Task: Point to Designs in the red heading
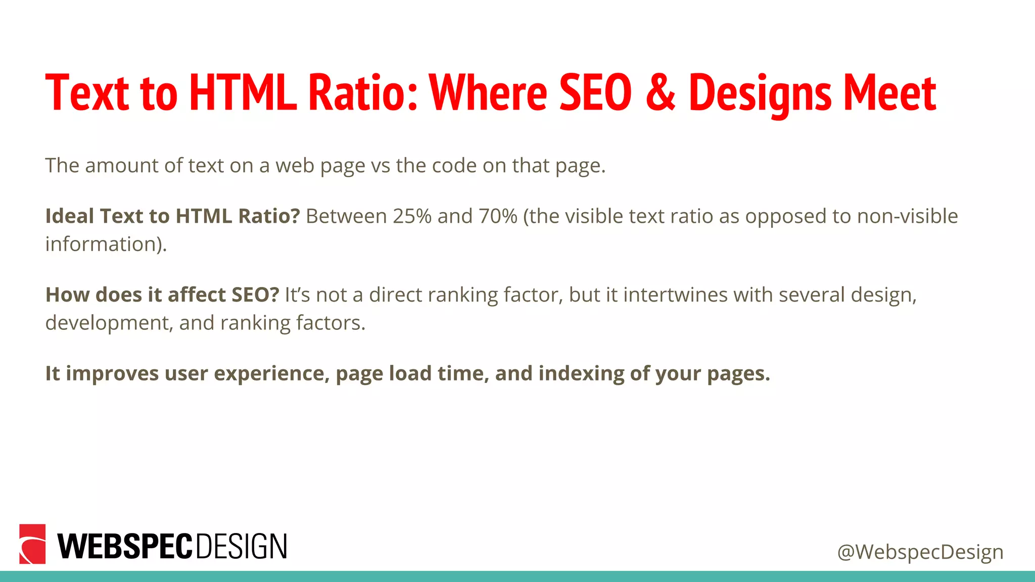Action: coord(760,93)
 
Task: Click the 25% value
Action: coord(412,216)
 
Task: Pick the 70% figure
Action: coord(498,216)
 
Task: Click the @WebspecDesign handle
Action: coord(920,552)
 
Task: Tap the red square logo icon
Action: coord(32,544)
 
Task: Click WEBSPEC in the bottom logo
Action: coord(125,546)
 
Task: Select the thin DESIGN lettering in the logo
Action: coord(241,546)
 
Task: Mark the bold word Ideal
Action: coord(70,216)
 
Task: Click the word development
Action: coord(109,323)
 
